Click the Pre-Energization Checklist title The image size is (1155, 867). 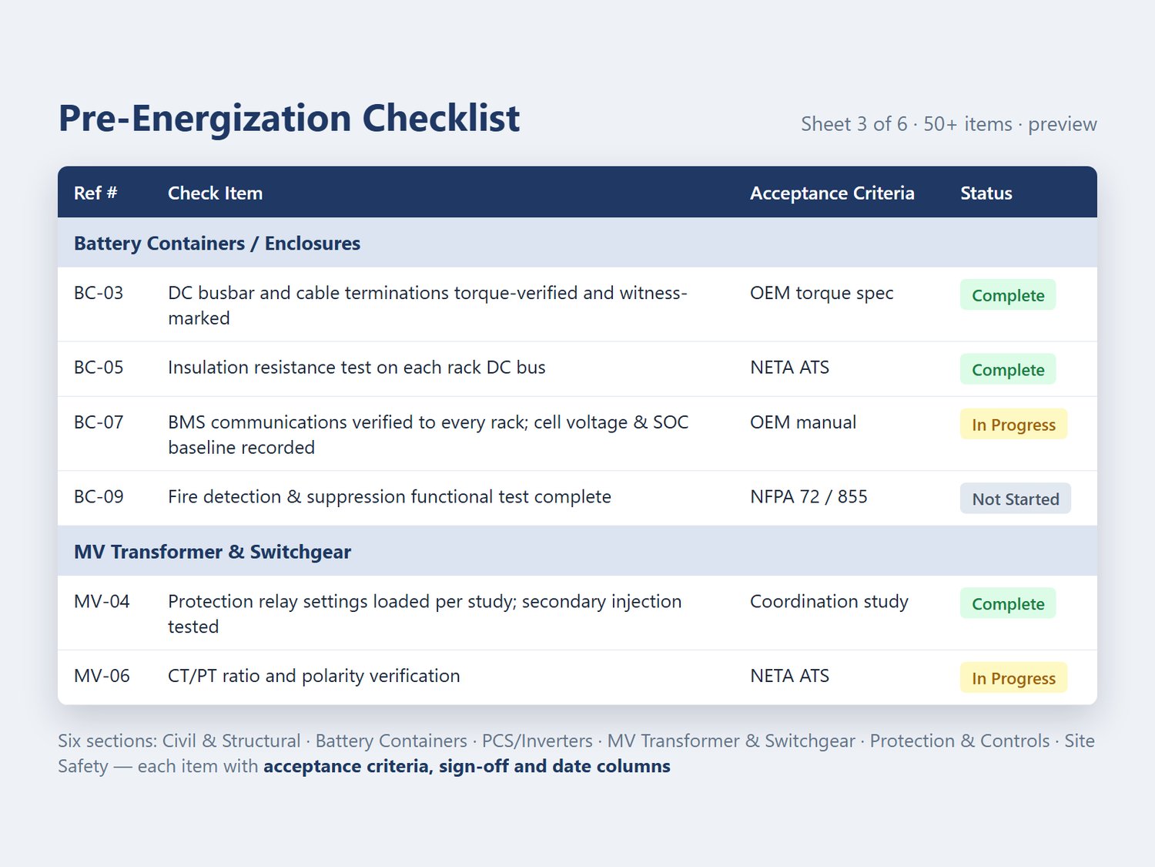[x=289, y=119]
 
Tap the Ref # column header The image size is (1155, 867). [x=95, y=193]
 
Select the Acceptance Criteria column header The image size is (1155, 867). [x=832, y=193]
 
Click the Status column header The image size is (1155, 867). [x=986, y=193]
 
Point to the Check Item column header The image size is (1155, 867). [x=215, y=193]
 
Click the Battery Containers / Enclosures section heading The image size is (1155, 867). [x=217, y=244]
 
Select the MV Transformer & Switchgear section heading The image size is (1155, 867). [x=212, y=552]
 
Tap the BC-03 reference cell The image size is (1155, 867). [x=99, y=293]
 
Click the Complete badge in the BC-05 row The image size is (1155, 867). [x=1008, y=370]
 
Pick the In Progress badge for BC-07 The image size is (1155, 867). [x=1013, y=425]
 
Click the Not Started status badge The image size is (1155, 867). [x=1015, y=499]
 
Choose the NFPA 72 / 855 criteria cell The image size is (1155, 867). [x=808, y=496]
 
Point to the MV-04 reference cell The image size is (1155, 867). [x=102, y=601]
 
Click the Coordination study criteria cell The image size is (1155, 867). [x=829, y=602]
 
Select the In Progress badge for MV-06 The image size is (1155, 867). [x=1013, y=678]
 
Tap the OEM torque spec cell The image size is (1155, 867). [x=822, y=293]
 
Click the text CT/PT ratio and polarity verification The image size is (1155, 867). [x=313, y=676]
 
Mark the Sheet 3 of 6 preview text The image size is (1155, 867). [x=949, y=124]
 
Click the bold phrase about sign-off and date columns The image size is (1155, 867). [x=467, y=766]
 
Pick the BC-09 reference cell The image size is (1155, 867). [x=99, y=496]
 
